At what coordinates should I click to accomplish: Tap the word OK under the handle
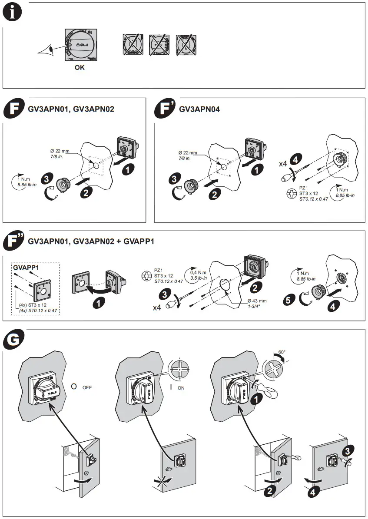point(80,68)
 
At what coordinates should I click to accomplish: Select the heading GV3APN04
point(199,109)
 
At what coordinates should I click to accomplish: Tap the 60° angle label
point(282,352)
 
